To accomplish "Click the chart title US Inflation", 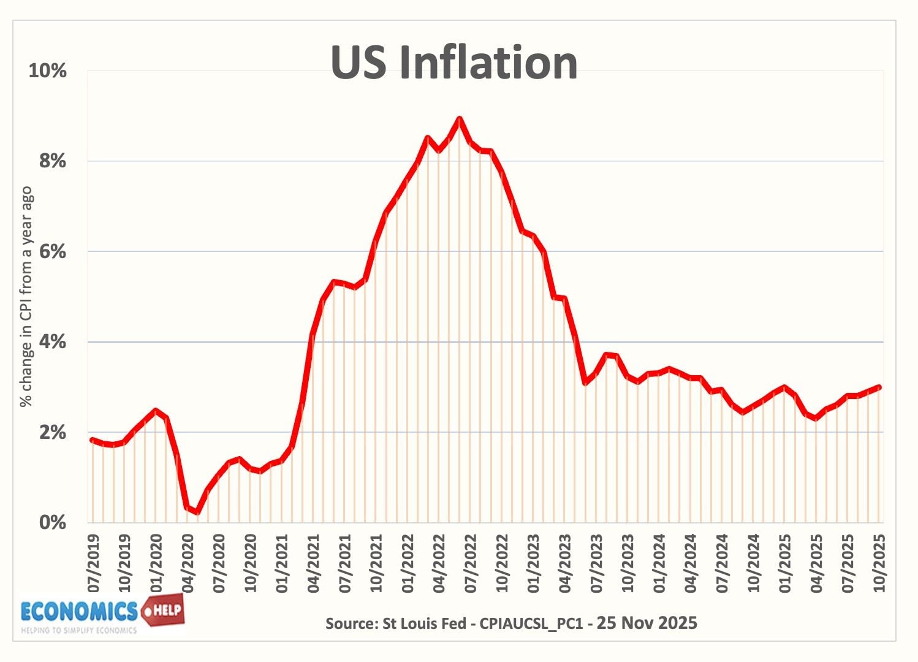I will (453, 63).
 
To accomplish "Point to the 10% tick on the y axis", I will (47, 70).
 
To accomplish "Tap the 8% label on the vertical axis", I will (52, 161).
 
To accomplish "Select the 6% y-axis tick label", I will (52, 251).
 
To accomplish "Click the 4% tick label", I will (52, 342).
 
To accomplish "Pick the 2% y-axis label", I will (52, 433).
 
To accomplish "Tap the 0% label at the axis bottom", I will (52, 523).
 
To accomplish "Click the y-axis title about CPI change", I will (26, 297).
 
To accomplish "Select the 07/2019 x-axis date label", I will (93, 563).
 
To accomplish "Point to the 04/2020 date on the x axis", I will (188, 563).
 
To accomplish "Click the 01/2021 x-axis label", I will (283, 563).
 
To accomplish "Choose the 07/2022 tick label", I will (471, 563).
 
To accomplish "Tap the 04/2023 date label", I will (566, 563).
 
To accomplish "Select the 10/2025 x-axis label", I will (880, 563).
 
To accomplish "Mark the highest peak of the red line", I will (459, 119).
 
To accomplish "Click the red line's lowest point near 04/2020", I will (197, 512).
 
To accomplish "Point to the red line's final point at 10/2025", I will (879, 387).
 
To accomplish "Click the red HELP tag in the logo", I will (163, 610).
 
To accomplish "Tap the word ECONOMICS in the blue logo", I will (79, 612).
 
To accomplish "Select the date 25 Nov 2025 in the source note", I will (647, 623).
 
